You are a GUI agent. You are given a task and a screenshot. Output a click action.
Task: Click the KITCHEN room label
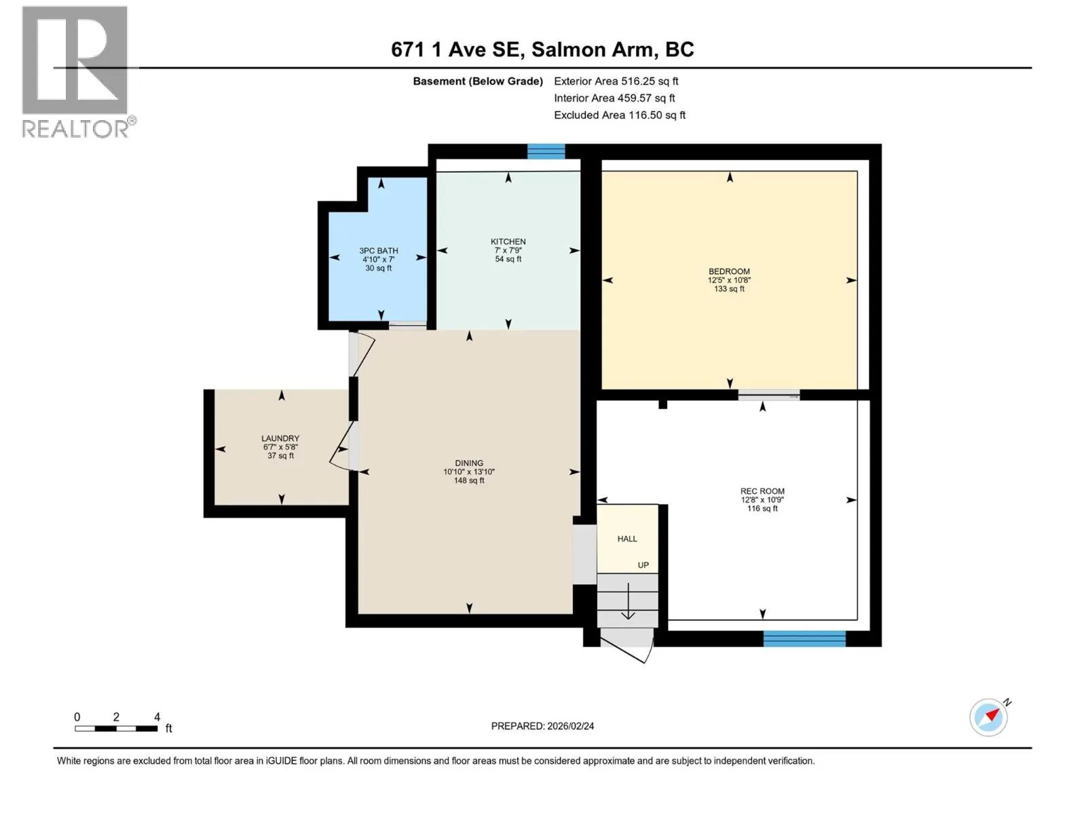[x=508, y=241]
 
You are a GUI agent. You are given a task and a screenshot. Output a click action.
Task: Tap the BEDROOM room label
[x=729, y=271]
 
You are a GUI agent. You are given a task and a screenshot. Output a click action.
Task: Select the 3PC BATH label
[x=379, y=250]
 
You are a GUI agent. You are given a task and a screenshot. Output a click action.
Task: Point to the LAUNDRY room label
[x=280, y=438]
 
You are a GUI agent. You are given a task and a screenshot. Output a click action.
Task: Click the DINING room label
[x=469, y=463]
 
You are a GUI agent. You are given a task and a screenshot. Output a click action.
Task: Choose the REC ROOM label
[x=762, y=491]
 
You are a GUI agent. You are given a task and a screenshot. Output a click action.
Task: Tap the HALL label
[x=627, y=539]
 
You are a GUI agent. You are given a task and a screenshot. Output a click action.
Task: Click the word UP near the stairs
[x=643, y=565]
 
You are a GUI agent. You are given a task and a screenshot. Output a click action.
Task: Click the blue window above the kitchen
[x=546, y=151]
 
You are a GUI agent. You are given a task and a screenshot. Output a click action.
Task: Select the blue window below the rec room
[x=804, y=638]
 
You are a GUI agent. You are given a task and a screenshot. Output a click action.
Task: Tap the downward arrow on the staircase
[x=629, y=601]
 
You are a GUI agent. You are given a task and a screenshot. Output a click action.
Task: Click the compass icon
[x=989, y=717]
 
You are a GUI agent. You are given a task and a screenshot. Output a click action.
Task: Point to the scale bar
[x=116, y=729]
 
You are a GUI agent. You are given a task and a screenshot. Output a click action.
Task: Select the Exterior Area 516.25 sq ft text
[x=616, y=81]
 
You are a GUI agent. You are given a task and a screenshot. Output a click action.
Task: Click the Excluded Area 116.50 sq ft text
[x=620, y=115]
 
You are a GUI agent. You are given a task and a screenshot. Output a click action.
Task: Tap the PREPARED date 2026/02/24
[x=570, y=726]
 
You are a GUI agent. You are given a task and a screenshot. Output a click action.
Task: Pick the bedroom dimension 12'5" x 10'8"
[x=729, y=279]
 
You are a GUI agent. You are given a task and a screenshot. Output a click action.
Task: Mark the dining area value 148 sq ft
[x=469, y=480]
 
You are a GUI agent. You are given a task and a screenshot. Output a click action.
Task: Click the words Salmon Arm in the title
[x=594, y=50]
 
